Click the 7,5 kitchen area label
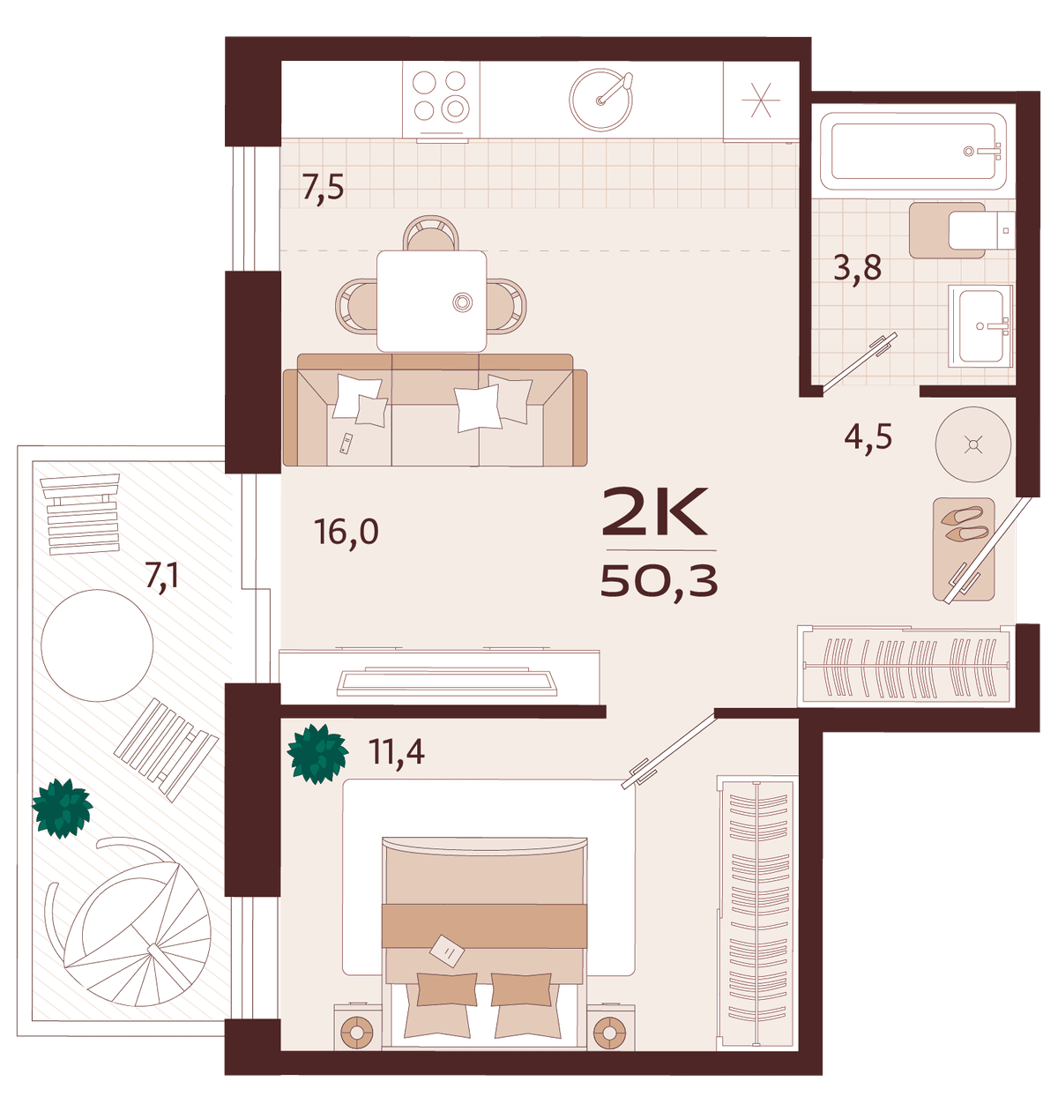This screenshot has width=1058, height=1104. coord(323,188)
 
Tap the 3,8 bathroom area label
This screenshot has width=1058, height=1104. coord(857,268)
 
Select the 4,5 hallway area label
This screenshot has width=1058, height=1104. coord(868,436)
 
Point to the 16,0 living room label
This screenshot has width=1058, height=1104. coord(346,532)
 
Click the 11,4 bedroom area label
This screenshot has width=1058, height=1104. coord(396,752)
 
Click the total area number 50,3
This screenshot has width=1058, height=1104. coord(659,581)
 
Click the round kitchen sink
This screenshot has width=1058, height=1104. coord(600,100)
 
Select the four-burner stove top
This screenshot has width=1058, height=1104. coord(441,100)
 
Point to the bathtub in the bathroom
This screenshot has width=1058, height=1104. coord(913,152)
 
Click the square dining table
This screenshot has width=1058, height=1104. coord(432,301)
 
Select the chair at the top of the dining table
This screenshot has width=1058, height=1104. coord(431,233)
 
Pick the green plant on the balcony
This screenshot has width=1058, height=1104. coord(63,808)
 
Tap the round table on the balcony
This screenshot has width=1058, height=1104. coord(97,645)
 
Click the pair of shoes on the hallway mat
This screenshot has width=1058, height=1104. coord(965,525)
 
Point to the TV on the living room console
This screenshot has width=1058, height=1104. coord(447,683)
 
